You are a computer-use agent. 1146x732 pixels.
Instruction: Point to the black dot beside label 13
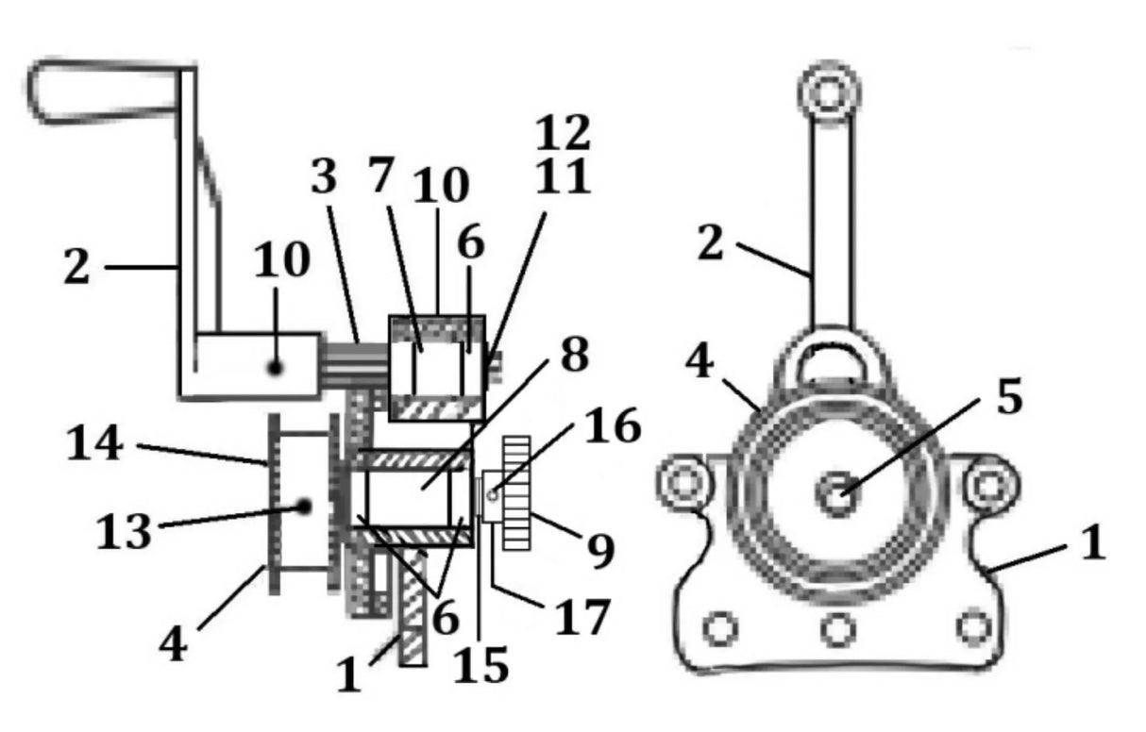tap(304, 507)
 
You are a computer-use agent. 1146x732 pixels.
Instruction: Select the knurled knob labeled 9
tap(516, 492)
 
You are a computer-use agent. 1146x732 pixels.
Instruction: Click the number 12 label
tap(563, 133)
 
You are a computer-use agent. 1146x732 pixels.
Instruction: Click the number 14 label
tap(94, 443)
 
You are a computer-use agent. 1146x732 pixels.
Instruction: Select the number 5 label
tap(1009, 398)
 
